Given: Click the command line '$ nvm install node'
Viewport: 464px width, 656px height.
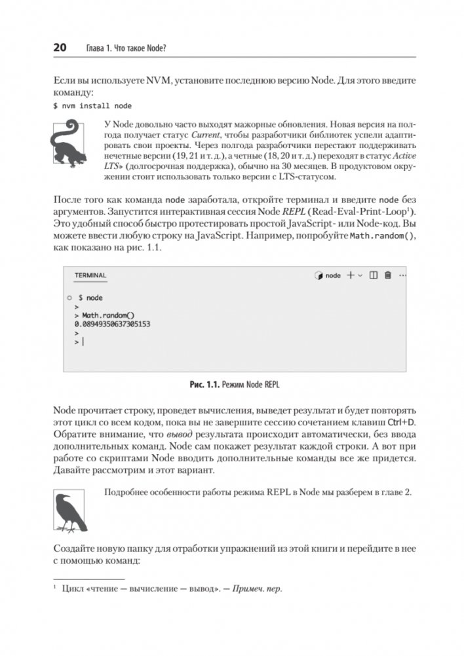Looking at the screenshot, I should tap(92, 105).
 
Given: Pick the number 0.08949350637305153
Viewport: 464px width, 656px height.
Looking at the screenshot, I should tap(112, 324).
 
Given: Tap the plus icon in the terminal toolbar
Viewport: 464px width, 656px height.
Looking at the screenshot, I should tap(351, 275).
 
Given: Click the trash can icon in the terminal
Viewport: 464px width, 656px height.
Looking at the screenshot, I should tap(387, 275).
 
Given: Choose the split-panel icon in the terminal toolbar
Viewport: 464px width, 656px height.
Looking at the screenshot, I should tap(374, 275).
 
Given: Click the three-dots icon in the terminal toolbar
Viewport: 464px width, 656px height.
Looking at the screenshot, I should tap(402, 275).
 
